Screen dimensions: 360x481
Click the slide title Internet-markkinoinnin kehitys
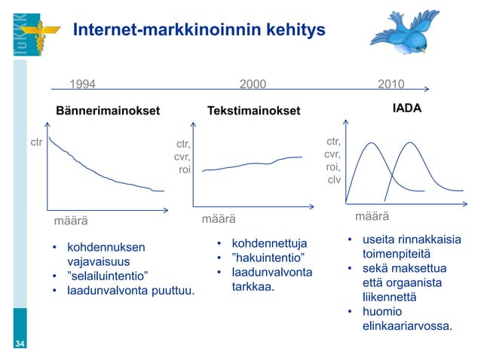[x=199, y=30]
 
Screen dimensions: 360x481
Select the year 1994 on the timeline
[x=83, y=84]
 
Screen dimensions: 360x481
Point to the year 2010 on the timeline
[x=391, y=84]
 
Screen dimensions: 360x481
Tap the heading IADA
[x=406, y=108]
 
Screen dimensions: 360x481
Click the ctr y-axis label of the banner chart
[x=35, y=142]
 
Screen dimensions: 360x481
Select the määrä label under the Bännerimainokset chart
[x=70, y=221]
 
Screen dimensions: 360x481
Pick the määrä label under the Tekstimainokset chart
[x=218, y=219]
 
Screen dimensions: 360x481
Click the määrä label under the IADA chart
[x=372, y=217]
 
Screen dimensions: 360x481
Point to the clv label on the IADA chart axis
[x=334, y=180]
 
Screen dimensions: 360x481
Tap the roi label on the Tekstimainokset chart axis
[x=184, y=170]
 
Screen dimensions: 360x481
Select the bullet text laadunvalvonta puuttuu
[x=130, y=290]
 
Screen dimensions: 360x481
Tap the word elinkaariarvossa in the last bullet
[x=407, y=326]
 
